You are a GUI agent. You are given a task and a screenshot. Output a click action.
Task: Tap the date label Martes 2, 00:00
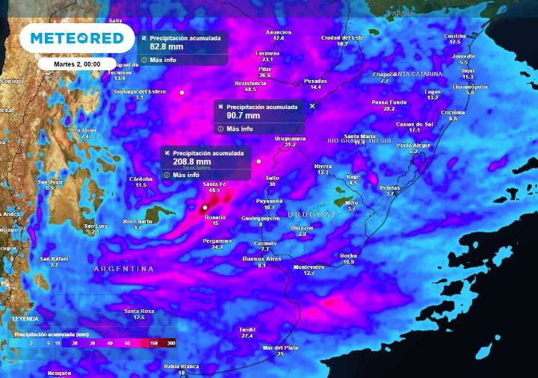(x=78, y=64)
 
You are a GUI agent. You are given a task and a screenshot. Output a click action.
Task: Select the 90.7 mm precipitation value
(x=244, y=115)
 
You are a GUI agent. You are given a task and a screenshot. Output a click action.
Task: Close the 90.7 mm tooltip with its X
(x=312, y=106)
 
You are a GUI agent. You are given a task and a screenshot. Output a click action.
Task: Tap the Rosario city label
(x=214, y=217)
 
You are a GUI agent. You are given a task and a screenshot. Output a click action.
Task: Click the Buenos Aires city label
(x=262, y=258)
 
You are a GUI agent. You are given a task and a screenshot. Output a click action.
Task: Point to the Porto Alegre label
(x=414, y=145)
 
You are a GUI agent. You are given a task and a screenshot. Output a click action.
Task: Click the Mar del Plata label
(x=280, y=347)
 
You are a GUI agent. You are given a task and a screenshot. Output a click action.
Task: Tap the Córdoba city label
(x=140, y=179)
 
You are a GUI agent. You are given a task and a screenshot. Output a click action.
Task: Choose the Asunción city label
(x=279, y=32)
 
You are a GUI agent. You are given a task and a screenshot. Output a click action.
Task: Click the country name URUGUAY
(x=312, y=214)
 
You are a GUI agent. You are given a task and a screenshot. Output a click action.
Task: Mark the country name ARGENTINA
(x=123, y=268)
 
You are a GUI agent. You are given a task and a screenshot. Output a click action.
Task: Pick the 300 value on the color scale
(x=171, y=343)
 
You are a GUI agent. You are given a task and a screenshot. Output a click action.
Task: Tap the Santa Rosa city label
(x=139, y=311)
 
